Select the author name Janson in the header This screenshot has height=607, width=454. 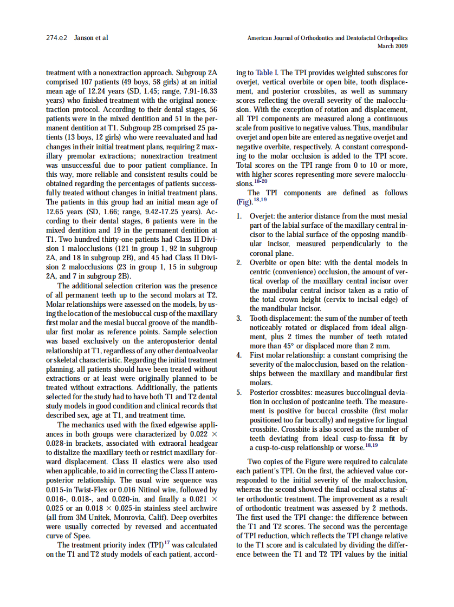[x=83, y=38]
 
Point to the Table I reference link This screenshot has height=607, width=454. [x=264, y=72]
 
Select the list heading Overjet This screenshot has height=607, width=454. [x=262, y=216]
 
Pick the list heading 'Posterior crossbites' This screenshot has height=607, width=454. [x=281, y=392]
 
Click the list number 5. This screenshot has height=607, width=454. [x=239, y=392]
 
